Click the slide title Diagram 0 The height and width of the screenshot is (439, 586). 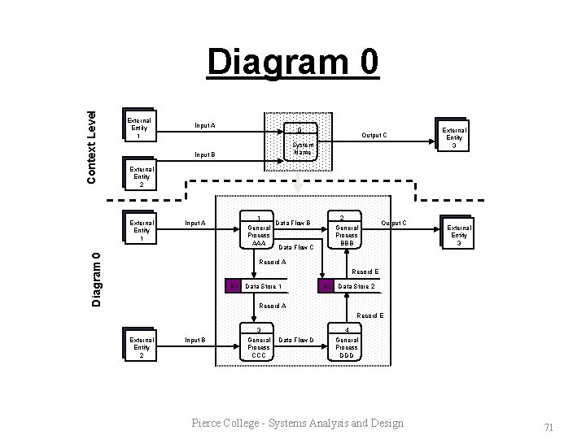point(292,63)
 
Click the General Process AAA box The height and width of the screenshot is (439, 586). point(259,231)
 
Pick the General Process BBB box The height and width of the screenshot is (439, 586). point(347,231)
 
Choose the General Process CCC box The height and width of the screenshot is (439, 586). point(259,343)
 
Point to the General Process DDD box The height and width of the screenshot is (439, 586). point(347,343)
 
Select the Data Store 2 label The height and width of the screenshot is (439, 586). point(356,286)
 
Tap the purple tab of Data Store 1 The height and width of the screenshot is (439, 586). point(234,286)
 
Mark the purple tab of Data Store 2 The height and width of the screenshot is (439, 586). point(326,286)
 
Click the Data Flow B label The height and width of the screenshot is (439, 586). point(294,222)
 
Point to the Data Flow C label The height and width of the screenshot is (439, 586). point(296,246)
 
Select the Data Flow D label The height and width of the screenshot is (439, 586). point(296,340)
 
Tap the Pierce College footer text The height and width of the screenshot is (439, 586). point(297,423)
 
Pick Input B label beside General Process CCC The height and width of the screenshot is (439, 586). point(195,340)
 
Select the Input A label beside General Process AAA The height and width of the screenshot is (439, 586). point(195,223)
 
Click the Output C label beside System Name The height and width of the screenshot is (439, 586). point(374,135)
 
